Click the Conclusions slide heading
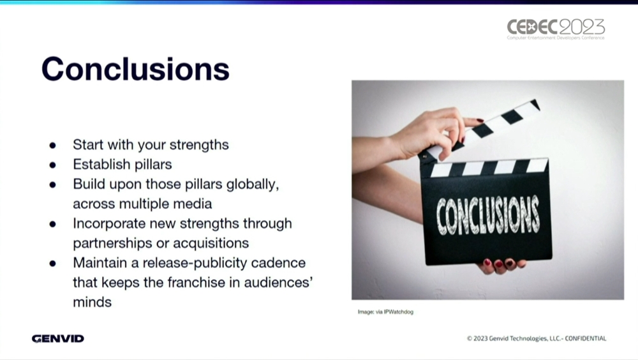pos(135,69)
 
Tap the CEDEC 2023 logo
pos(556,29)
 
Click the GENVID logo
pos(58,338)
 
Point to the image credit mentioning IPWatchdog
pos(385,312)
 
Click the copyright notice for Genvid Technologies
pos(537,338)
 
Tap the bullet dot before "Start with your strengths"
pos(52,146)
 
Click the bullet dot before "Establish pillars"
pos(52,165)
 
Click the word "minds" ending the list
pos(92,302)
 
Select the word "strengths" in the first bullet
pos(199,145)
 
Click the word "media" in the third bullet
pos(193,204)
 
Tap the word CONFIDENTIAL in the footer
pos(586,338)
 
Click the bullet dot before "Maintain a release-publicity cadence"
pos(52,264)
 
